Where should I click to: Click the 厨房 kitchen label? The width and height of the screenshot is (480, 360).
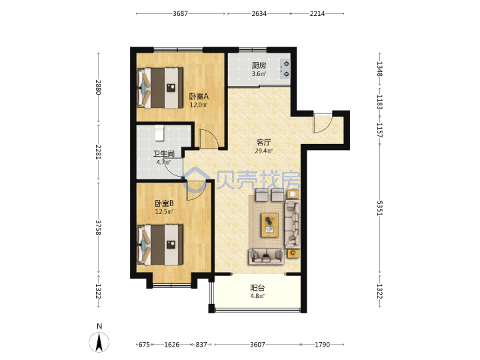[259, 65]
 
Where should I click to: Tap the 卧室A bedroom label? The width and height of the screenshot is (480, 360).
[199, 97]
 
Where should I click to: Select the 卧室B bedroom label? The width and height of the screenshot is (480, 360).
[165, 203]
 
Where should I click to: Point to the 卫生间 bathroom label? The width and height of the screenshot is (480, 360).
[163, 154]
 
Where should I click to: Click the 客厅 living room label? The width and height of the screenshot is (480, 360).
[263, 143]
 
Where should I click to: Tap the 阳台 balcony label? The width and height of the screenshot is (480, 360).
[257, 288]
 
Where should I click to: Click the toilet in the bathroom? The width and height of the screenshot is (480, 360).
[159, 133]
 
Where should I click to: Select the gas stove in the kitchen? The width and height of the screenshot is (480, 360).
[285, 69]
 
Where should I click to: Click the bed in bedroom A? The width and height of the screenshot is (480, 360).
[160, 88]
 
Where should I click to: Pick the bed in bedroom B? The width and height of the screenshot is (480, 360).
[160, 245]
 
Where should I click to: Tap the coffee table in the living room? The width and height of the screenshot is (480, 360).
[270, 225]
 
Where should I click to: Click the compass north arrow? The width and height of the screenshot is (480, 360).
[99, 343]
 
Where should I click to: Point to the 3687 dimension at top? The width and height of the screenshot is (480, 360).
[180, 13]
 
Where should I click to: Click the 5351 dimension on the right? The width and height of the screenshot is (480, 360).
[379, 208]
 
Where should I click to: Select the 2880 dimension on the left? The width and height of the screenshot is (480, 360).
[98, 87]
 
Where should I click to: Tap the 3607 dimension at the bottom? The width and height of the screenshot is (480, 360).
[257, 345]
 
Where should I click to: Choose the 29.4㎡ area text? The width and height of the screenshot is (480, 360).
[263, 151]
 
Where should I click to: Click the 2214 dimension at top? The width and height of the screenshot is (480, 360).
[317, 13]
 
